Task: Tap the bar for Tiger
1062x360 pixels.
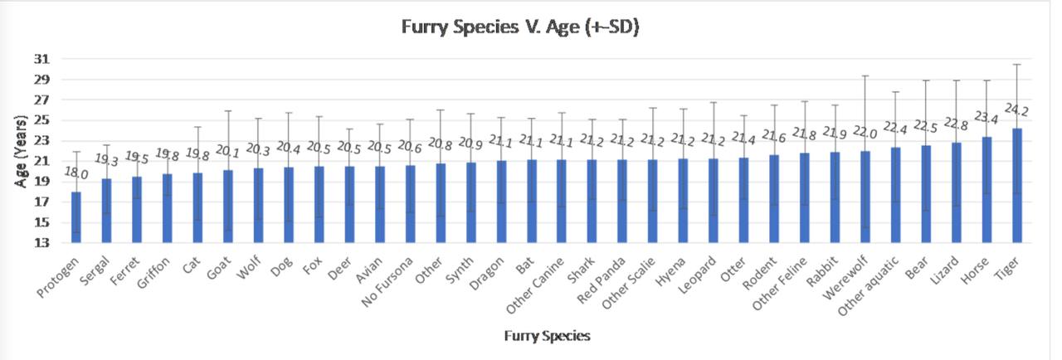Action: pos(1017,186)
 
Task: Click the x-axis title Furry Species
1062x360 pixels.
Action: pos(548,336)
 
